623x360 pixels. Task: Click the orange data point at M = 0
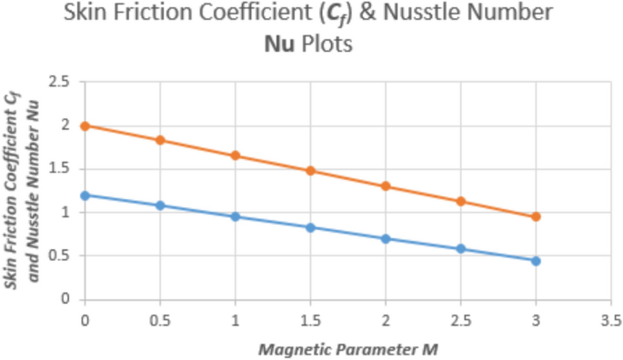click(x=85, y=125)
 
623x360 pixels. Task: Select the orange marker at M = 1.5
click(x=310, y=171)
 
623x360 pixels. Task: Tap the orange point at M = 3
click(x=536, y=216)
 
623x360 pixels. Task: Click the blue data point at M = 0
click(x=85, y=195)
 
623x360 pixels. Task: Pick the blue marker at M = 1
click(x=236, y=216)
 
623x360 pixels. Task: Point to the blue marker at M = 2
click(x=386, y=238)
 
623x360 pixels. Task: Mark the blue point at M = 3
click(x=536, y=261)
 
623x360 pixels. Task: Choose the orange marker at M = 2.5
click(x=461, y=201)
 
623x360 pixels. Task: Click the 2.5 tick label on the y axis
click(x=60, y=83)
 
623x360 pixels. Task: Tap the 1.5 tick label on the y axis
click(x=60, y=169)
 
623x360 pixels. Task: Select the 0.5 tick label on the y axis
click(x=60, y=255)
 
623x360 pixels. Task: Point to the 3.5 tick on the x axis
click(x=611, y=320)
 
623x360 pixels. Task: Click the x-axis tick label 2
click(x=386, y=320)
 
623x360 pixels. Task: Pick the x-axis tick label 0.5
click(x=160, y=320)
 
